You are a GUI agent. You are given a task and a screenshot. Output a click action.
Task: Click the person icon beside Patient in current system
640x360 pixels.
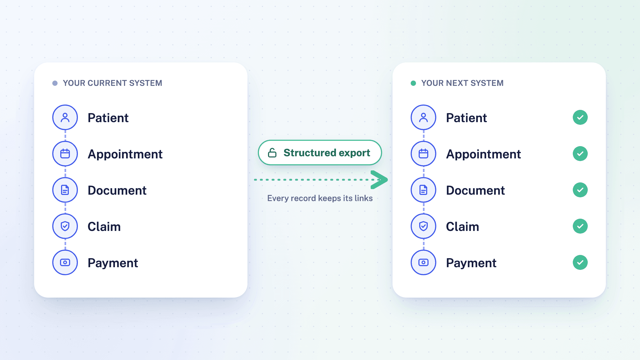(65, 117)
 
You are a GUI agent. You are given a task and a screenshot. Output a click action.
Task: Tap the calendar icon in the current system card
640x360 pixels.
(65, 154)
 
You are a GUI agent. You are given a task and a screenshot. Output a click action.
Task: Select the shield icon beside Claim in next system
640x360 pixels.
(423, 226)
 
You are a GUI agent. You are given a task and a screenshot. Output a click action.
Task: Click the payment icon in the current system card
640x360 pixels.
(65, 262)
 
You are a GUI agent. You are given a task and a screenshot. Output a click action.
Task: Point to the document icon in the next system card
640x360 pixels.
(423, 190)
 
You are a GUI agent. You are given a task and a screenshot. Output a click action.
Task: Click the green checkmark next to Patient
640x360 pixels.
(580, 117)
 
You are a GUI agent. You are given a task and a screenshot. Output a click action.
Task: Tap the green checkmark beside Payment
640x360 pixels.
(580, 262)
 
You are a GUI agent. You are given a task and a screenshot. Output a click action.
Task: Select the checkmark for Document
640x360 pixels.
(580, 190)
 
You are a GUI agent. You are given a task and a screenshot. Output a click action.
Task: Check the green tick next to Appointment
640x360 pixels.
(580, 154)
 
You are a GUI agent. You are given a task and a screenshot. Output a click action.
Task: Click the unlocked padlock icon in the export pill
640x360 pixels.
(272, 153)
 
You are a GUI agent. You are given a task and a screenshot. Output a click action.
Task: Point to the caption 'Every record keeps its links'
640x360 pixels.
(320, 198)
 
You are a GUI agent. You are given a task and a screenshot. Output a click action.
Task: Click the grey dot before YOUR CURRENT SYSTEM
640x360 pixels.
(55, 83)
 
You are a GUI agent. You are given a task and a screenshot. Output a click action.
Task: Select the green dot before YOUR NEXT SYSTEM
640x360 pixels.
(413, 83)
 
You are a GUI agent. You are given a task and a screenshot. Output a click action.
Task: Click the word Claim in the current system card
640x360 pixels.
(104, 227)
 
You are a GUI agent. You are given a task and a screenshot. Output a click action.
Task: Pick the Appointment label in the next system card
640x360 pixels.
(483, 154)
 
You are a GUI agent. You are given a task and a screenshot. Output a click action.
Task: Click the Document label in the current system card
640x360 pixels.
(117, 190)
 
